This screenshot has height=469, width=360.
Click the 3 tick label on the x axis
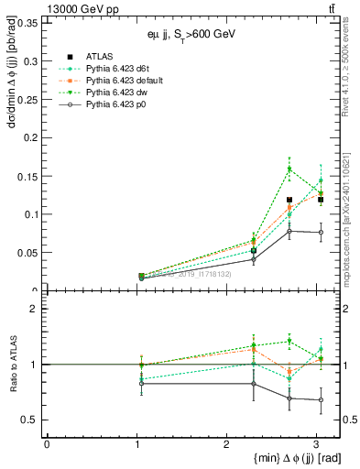(x=316, y=444)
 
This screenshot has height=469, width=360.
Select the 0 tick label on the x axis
(x=47, y=444)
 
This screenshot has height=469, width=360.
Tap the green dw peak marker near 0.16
(x=289, y=169)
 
